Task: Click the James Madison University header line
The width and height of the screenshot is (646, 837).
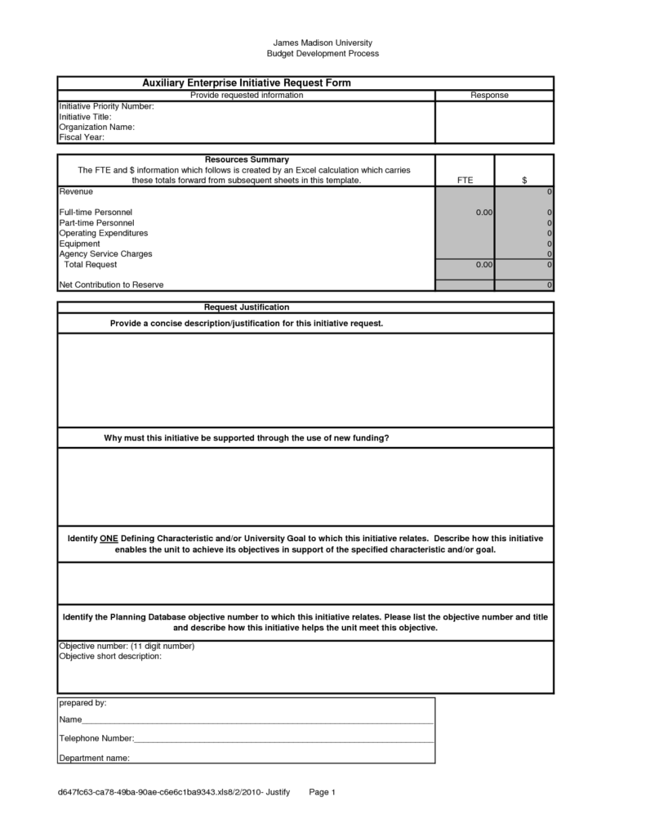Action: (323, 43)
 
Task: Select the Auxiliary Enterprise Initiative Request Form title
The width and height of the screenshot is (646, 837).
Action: (247, 83)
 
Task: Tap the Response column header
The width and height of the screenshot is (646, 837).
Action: (490, 96)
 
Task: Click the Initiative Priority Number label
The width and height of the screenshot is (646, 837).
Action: (106, 106)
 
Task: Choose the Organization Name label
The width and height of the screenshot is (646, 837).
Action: (96, 127)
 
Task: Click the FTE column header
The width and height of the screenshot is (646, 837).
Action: (465, 180)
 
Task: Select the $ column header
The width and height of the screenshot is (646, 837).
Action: (524, 180)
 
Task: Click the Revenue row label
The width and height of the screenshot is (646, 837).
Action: (76, 191)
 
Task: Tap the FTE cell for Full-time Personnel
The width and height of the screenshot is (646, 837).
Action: (465, 213)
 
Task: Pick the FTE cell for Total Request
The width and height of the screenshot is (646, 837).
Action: (465, 265)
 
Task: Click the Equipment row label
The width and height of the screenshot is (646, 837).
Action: (80, 244)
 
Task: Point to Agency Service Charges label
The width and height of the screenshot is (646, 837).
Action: (105, 254)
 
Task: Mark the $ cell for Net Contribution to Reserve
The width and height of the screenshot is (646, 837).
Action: (524, 285)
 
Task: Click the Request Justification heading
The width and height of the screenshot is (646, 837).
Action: (247, 307)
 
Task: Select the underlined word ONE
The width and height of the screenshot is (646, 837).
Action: (109, 539)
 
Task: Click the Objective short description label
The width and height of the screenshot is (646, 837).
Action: (110, 656)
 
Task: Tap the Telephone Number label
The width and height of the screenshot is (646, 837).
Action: (96, 739)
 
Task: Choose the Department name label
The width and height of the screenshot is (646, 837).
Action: (94, 758)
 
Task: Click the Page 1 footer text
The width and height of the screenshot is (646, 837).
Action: (323, 792)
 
